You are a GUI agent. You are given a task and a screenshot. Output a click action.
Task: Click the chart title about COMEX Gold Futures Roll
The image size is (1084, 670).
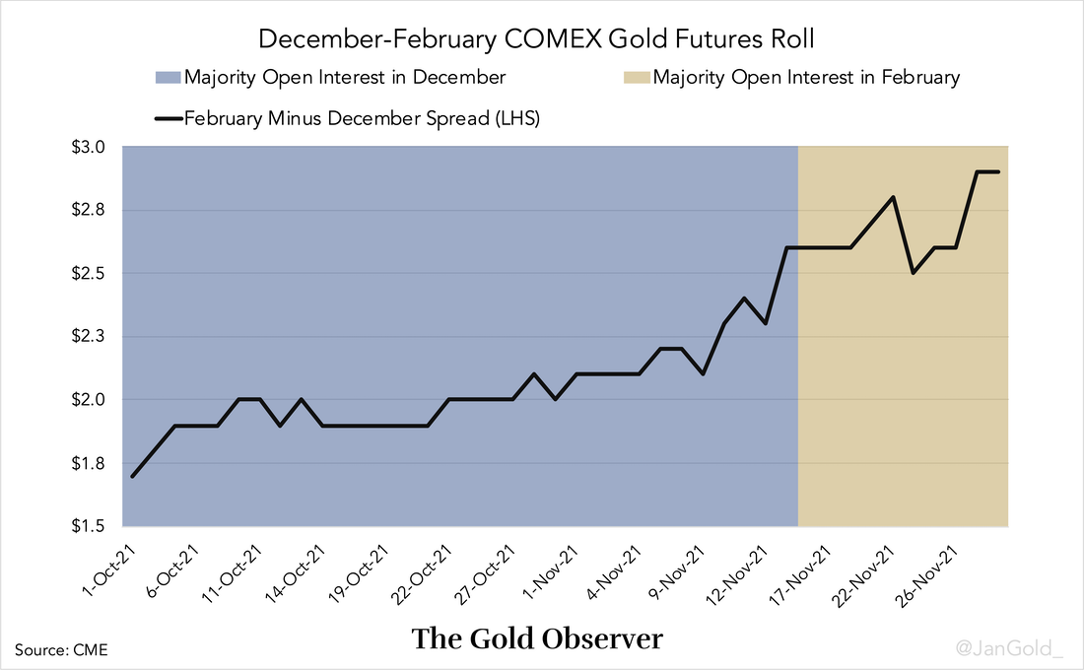click(x=541, y=40)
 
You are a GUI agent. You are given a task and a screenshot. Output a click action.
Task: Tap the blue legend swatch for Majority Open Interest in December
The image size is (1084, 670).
click(x=168, y=78)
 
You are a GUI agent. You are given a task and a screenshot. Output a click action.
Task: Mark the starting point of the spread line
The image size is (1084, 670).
click(x=133, y=477)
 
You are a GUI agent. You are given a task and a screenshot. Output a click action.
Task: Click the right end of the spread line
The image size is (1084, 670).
click(x=998, y=171)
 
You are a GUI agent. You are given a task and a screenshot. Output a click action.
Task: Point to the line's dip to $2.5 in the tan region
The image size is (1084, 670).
click(x=914, y=273)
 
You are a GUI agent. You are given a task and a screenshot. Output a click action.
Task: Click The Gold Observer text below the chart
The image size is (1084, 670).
click(x=538, y=638)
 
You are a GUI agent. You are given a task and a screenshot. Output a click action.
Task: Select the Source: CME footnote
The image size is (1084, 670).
click(x=61, y=649)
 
